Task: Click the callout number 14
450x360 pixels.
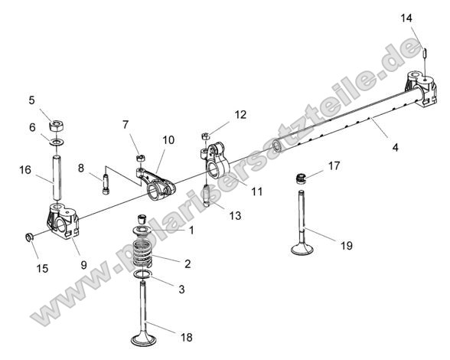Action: tap(406, 17)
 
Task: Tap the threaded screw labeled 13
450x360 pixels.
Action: tap(207, 195)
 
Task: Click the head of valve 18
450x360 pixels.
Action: tap(143, 339)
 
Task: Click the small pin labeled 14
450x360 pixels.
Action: tap(422, 54)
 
